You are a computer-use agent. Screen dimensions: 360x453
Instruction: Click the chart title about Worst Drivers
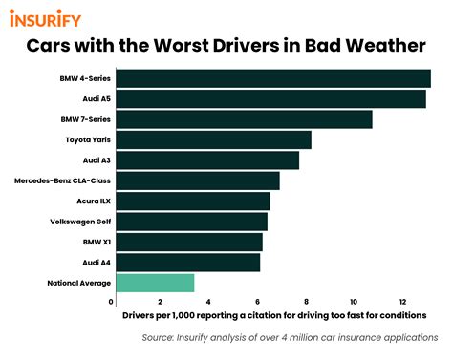pos(226,45)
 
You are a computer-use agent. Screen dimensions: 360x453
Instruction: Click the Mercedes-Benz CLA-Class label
pos(65,180)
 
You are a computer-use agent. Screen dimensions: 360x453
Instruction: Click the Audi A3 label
pos(97,160)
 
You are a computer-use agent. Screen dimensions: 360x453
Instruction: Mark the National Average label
pos(79,283)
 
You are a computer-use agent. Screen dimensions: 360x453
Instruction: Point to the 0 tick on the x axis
pos(112,302)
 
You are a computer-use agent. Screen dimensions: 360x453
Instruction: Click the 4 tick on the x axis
pos(208,302)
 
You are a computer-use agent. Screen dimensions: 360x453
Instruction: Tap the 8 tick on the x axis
pos(306,302)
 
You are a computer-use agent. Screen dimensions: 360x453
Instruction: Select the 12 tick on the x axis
pos(402,302)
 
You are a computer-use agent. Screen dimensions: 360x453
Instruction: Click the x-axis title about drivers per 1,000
pos(274,315)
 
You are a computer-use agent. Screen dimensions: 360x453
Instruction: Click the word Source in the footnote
pos(160,338)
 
